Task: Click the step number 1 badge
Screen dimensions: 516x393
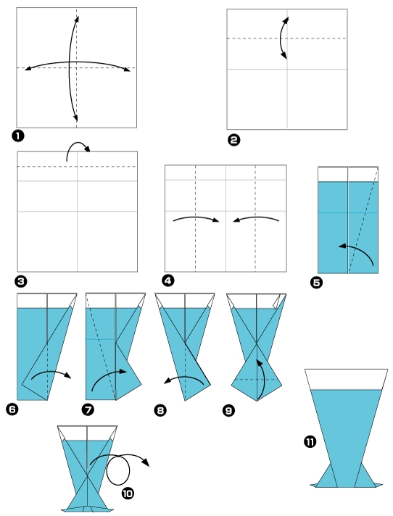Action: [17, 136]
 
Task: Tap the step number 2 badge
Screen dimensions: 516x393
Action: [233, 140]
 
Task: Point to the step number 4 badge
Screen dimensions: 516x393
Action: [168, 280]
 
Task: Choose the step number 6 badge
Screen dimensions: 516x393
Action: [11, 410]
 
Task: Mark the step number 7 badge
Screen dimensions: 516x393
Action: [88, 410]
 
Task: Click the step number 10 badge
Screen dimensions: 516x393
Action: [128, 493]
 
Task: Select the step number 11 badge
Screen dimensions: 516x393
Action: [310, 441]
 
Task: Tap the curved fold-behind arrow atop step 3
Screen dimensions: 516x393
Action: [77, 148]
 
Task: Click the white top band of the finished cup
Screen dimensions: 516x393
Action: [345, 379]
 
